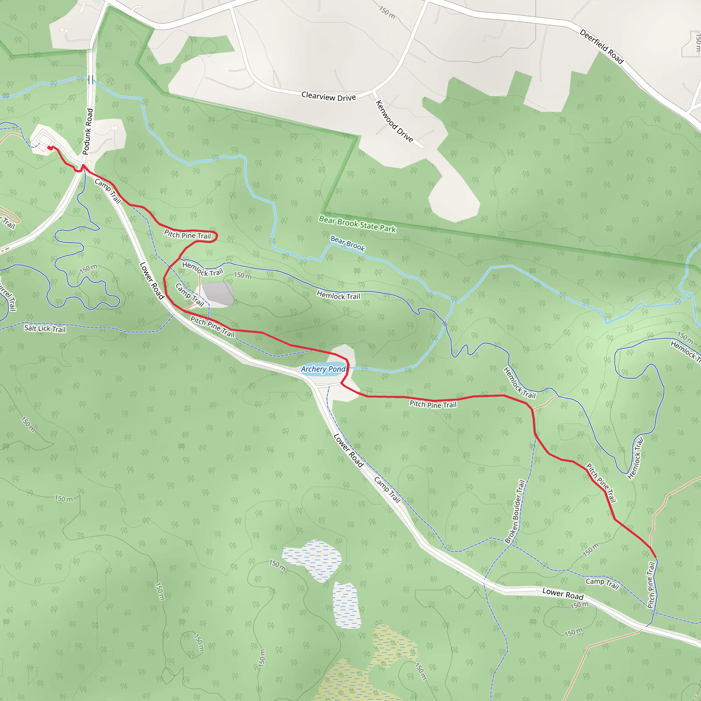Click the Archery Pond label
[x=323, y=369]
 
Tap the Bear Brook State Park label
[x=357, y=224]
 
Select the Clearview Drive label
[x=328, y=97]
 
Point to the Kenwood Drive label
[x=394, y=121]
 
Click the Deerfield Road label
[x=601, y=47]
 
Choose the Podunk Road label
[x=88, y=131]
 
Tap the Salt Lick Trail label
[x=45, y=329]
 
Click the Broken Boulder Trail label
[x=515, y=511]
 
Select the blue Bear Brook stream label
[x=347, y=243]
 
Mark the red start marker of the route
[x=50, y=148]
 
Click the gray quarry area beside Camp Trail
[x=218, y=293]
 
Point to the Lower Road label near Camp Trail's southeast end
[x=562, y=594]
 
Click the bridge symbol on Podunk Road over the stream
[x=90, y=79]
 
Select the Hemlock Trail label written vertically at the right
[x=635, y=459]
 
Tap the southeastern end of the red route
[x=655, y=557]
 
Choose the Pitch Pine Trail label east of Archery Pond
[x=433, y=404]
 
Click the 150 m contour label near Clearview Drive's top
[x=387, y=12]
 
